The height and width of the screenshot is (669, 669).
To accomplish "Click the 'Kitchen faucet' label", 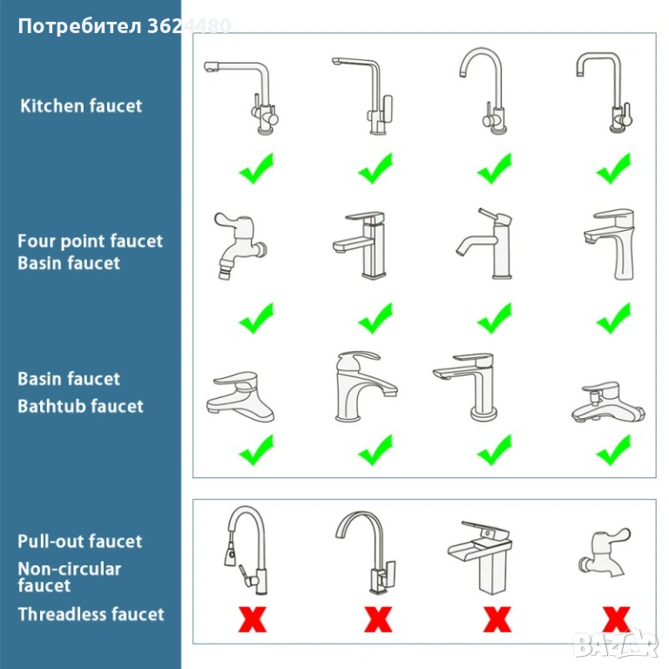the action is click(81, 105).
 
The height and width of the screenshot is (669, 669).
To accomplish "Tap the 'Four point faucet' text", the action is click(90, 241).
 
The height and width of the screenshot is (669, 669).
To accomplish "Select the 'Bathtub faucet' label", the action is click(81, 406).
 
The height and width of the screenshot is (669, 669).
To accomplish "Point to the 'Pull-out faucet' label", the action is click(80, 541).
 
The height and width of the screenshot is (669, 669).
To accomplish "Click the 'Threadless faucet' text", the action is click(91, 614).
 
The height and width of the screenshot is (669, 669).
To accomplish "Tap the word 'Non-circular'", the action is click(70, 569).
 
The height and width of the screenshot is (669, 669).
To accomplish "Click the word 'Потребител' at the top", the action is click(80, 26).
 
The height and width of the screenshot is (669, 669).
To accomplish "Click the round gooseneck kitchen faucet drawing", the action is click(483, 91).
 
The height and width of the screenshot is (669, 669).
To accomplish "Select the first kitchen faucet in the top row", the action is click(242, 98).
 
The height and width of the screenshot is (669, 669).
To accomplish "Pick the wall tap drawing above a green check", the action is click(240, 247).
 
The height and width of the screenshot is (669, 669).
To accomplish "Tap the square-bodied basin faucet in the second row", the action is click(360, 245).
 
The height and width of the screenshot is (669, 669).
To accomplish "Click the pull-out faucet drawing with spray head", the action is click(247, 551).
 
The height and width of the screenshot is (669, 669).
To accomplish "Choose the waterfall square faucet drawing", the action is click(481, 557).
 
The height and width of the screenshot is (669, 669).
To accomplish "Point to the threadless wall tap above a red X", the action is click(605, 552).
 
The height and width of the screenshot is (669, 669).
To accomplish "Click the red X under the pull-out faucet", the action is click(253, 619).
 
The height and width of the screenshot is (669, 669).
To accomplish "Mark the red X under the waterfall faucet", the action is click(497, 619).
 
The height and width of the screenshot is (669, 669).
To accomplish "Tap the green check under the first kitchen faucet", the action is click(256, 168).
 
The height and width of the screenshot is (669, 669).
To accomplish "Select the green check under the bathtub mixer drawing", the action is click(613, 449).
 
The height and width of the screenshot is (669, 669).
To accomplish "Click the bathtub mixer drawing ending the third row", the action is click(608, 402).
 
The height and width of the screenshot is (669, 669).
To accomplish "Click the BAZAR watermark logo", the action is click(615, 644).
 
